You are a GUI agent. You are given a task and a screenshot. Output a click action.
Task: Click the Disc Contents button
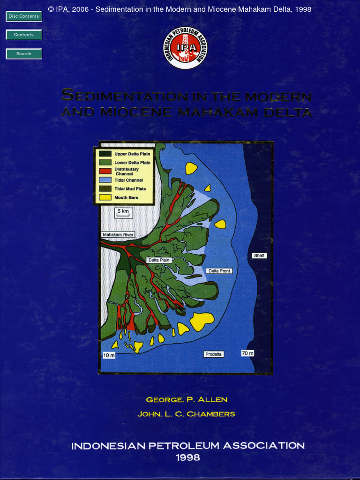point(24,16)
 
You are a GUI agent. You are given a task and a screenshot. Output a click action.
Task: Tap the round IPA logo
point(185,48)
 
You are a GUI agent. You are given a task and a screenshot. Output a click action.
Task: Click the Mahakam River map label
point(119,234)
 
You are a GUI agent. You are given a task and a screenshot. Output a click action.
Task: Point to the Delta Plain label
point(159,260)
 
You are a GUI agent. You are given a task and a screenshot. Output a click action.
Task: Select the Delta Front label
point(219,271)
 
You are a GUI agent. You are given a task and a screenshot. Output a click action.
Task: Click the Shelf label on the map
point(259,255)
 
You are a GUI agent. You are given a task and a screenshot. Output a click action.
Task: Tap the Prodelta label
point(213,354)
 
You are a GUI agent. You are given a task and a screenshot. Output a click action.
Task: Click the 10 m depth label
point(109,355)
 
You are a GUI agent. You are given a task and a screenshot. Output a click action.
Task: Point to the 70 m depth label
point(247,353)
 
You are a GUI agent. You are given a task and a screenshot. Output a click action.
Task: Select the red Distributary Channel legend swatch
point(105,171)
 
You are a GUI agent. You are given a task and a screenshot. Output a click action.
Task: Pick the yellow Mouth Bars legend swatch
point(105,197)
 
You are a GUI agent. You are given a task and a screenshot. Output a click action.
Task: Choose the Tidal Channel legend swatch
point(105,180)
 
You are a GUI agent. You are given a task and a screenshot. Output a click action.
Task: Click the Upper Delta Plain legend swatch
point(105,153)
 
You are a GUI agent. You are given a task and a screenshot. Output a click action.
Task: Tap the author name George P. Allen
point(187,400)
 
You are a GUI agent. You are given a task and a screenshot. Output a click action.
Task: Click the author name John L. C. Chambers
point(186,414)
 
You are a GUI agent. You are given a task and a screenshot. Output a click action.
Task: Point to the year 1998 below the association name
point(187,457)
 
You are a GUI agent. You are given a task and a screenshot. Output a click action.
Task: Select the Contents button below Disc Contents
point(24,35)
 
